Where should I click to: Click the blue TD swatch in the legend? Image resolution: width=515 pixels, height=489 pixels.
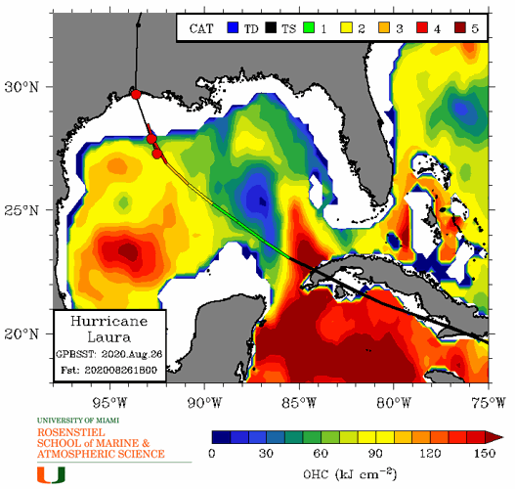(233, 28)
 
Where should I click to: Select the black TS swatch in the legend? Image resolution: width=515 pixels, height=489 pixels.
(278, 28)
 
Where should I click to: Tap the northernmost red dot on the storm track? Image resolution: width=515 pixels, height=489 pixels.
(136, 94)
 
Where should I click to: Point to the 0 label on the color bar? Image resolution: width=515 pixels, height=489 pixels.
(213, 454)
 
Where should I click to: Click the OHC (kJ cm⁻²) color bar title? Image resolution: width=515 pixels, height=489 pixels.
(347, 473)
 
